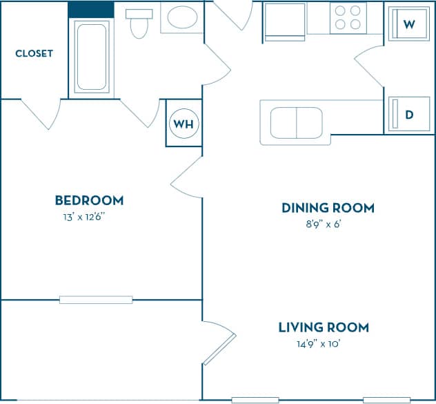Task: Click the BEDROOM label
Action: point(89,200)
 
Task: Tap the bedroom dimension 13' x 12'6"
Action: point(83,217)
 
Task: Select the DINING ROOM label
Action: point(328,207)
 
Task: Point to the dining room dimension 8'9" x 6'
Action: point(326,224)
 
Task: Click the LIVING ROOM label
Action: point(324,327)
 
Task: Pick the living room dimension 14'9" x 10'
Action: point(318,344)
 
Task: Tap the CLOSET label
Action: point(34,53)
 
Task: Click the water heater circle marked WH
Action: point(184,124)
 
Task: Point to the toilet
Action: point(139,22)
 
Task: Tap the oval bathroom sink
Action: point(182,17)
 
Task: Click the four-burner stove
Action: point(347,17)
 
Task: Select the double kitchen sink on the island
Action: point(296,123)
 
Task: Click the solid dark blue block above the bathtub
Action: point(91,10)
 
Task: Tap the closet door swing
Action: point(43,113)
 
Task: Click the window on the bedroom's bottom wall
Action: point(96,300)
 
